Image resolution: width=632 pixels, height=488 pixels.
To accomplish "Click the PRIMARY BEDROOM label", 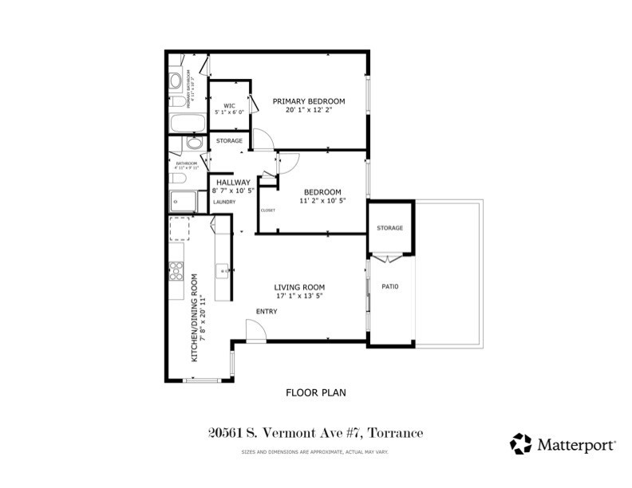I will pyautogui.click(x=308, y=101).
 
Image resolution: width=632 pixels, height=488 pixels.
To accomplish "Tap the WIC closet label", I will pyautogui.click(x=228, y=105).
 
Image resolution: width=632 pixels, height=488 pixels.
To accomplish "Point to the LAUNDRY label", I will pyautogui.click(x=224, y=203).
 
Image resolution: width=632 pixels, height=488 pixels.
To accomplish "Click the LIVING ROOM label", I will pyautogui.click(x=299, y=287).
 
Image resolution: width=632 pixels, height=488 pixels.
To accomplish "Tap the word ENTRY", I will pyautogui.click(x=267, y=311).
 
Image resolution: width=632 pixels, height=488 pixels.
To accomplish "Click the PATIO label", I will pyautogui.click(x=389, y=287).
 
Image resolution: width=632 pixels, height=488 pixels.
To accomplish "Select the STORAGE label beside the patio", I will pyautogui.click(x=389, y=228).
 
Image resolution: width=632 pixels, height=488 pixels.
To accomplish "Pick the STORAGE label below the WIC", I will pyautogui.click(x=229, y=141).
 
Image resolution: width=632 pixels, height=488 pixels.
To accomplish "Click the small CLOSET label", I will pyautogui.click(x=267, y=211).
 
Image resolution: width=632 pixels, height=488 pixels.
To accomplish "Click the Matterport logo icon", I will pyautogui.click(x=520, y=443).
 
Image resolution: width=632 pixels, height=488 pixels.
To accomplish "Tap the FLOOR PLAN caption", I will pyautogui.click(x=315, y=392).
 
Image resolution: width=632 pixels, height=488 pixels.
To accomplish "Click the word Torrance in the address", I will pyautogui.click(x=394, y=433).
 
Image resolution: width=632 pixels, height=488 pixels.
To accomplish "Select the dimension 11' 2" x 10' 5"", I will pyautogui.click(x=321, y=202).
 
